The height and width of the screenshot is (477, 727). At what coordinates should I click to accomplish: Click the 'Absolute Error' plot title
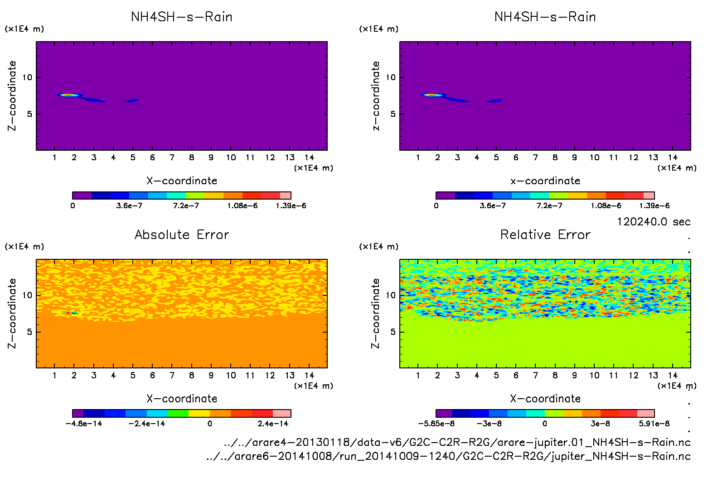(x=182, y=234)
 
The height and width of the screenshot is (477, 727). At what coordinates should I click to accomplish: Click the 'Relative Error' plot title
(x=545, y=234)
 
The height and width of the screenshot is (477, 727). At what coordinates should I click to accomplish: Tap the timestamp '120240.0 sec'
(x=653, y=222)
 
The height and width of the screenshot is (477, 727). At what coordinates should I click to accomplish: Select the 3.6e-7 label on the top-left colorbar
(x=129, y=205)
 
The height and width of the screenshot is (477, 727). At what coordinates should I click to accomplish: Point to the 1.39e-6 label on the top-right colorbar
(x=654, y=205)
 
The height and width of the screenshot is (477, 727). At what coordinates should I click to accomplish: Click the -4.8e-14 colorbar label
(x=84, y=424)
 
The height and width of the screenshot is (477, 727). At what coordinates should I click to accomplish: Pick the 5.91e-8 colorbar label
(x=654, y=424)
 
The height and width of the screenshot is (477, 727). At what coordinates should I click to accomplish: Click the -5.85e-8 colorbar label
(x=436, y=424)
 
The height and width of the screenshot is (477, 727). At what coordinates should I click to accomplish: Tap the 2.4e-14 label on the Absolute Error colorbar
(x=273, y=424)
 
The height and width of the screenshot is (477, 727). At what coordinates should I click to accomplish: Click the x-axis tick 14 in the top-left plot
(x=309, y=157)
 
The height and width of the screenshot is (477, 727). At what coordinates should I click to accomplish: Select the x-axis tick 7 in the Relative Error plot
(x=535, y=375)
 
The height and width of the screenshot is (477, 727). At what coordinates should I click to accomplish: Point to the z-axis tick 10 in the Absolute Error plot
(x=28, y=295)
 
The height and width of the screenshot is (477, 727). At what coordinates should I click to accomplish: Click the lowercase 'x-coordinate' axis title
(x=545, y=181)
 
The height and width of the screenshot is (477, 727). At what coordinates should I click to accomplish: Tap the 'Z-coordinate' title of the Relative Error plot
(x=375, y=313)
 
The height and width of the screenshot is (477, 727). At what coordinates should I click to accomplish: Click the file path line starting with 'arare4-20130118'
(x=457, y=442)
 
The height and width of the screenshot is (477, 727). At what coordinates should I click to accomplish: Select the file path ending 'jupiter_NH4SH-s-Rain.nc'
(x=448, y=456)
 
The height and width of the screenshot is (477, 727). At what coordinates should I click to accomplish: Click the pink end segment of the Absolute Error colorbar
(x=281, y=413)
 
